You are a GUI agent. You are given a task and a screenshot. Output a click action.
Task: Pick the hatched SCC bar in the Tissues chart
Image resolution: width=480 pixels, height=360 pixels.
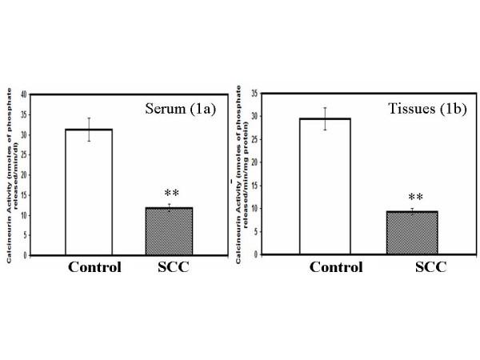click(x=412, y=233)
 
